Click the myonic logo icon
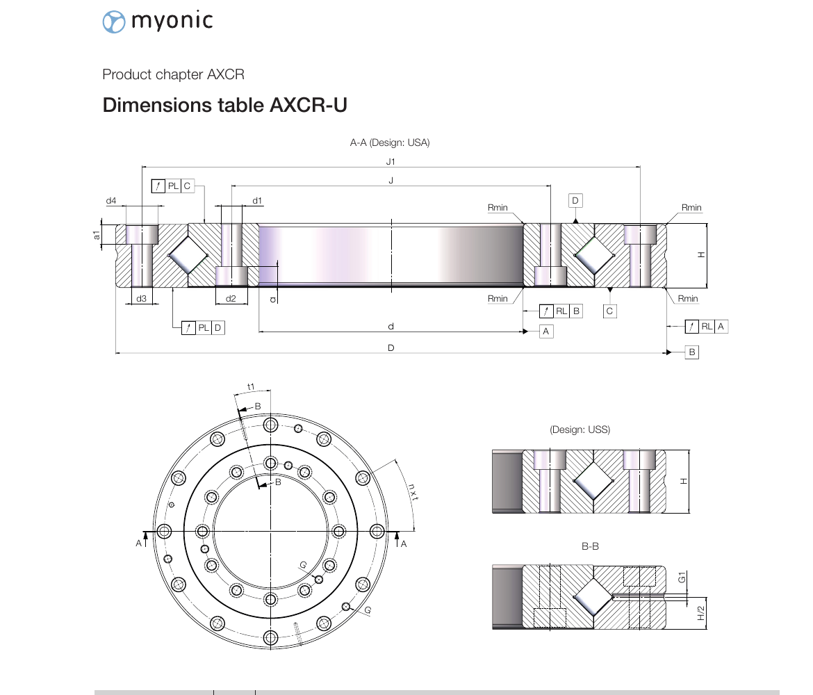(x=113, y=22)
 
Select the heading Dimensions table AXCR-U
(x=224, y=105)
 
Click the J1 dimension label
(x=391, y=162)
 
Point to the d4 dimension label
(x=111, y=201)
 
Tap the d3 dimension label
(x=142, y=298)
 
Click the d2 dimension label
(x=231, y=298)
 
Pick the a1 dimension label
(x=96, y=236)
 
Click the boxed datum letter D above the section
(x=575, y=201)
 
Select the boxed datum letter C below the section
(x=610, y=311)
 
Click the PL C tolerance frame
(x=172, y=186)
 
